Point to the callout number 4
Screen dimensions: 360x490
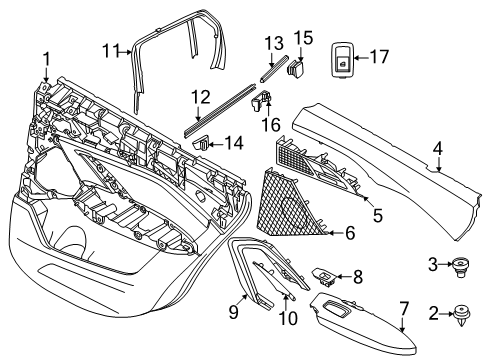pos(437,150)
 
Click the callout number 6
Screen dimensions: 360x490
pos(377,211)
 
